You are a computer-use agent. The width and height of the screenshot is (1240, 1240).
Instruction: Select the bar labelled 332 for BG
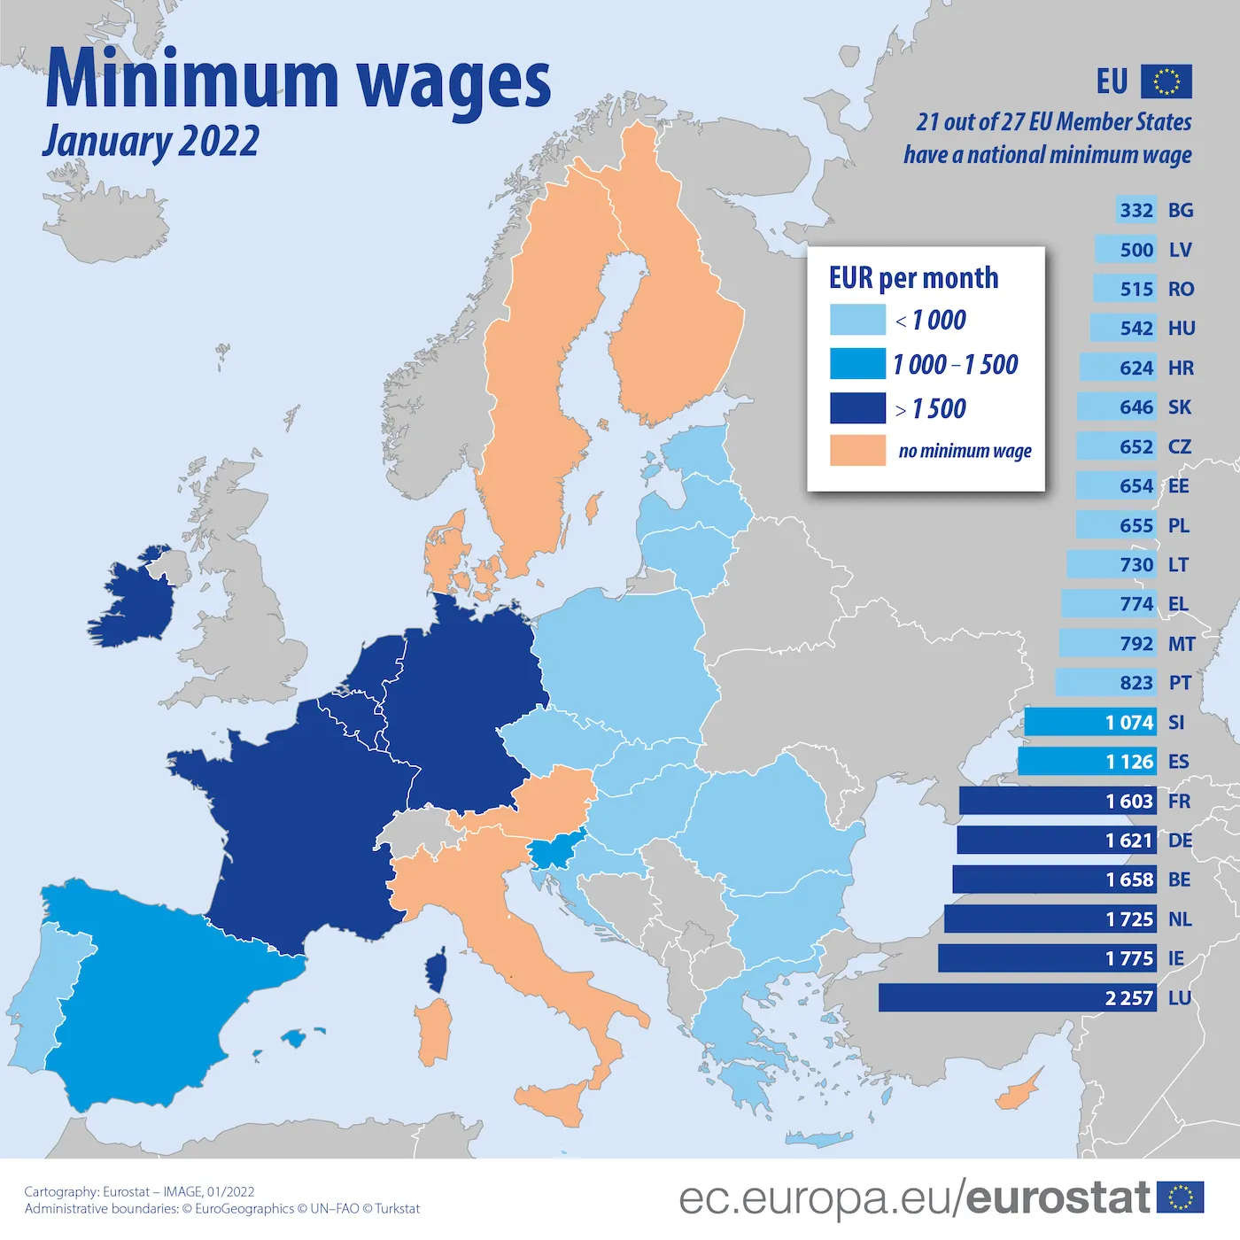[1135, 210]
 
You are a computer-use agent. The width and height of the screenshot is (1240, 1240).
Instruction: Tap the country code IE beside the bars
[1175, 958]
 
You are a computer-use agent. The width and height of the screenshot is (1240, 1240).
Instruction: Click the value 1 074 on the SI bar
[1129, 722]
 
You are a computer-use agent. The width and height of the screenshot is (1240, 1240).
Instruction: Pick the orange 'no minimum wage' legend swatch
[857, 450]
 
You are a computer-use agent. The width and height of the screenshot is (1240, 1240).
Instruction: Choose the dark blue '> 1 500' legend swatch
[857, 408]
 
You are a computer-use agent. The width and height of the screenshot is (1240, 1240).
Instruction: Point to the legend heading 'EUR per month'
[913, 278]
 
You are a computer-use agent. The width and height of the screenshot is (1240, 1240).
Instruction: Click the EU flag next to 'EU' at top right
[1166, 81]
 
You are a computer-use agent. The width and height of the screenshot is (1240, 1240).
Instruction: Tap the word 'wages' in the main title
[453, 81]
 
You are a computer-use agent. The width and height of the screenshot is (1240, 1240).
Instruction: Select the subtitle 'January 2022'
[151, 142]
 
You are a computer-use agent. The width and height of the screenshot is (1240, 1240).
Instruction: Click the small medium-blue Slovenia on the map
[555, 852]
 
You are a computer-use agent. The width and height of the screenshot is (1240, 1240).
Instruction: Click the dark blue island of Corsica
[436, 971]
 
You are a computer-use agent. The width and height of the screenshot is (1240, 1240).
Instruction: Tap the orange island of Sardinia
[433, 1032]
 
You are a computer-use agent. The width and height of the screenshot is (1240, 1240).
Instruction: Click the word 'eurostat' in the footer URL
[1058, 1197]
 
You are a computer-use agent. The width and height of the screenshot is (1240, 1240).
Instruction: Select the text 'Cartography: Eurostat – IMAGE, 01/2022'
[139, 1191]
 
